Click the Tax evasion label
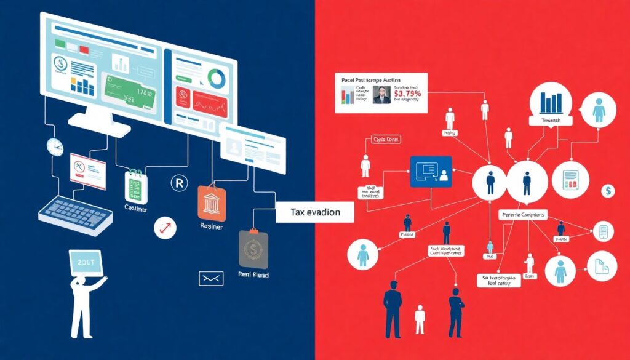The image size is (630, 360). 314,212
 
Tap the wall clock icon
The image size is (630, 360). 55,146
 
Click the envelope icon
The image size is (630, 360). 210,278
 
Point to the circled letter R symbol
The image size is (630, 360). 178,183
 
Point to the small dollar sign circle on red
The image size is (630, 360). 608,191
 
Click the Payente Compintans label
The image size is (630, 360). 523,215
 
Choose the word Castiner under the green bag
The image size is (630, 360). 135,210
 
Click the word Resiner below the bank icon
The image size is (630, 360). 211,226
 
